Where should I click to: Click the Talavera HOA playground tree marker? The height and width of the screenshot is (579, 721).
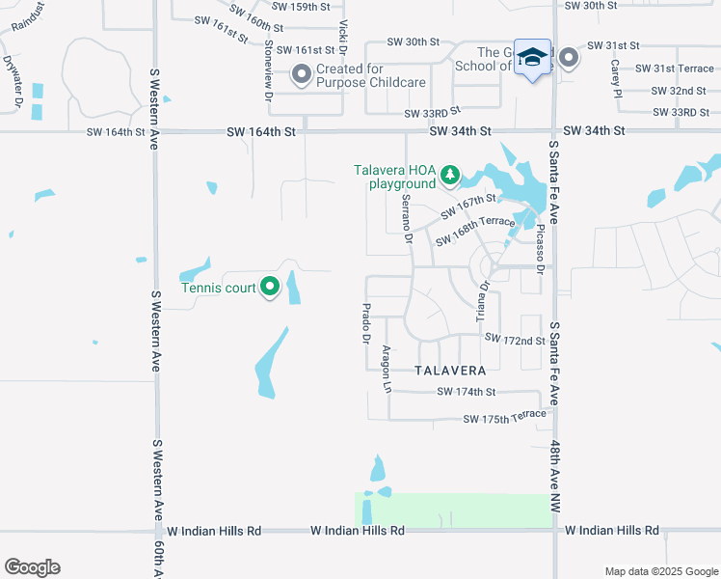pos(449,174)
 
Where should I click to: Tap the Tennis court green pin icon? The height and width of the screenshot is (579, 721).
pos(270,287)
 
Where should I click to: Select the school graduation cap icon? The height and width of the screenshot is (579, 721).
pos(532,58)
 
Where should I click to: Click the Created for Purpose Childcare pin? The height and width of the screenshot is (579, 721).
pos(302,72)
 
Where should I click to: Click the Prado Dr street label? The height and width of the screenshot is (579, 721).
pos(365,323)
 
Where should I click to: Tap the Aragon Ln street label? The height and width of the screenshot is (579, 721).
pos(387,370)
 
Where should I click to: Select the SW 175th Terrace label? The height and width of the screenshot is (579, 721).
pos(505,417)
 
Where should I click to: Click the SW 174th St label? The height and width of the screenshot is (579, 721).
pos(466,392)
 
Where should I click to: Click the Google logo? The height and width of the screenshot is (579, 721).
pos(32,567)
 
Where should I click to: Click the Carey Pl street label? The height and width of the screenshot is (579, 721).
pos(614,79)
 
